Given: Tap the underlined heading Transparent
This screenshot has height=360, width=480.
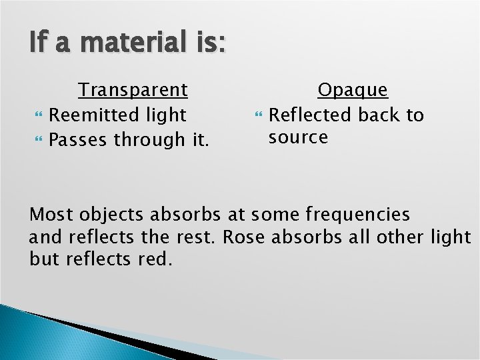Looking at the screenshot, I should pyautogui.click(x=133, y=89).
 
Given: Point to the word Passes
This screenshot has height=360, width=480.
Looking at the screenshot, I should pyautogui.click(x=79, y=139).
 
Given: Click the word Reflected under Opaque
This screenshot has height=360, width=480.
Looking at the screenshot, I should pyautogui.click(x=311, y=115).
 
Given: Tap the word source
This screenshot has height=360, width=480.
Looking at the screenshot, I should pyautogui.click(x=298, y=137).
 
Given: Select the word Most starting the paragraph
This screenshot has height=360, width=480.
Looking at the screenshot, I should pyautogui.click(x=52, y=215).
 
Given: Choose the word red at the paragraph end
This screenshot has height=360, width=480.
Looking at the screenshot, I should pyautogui.click(x=155, y=259).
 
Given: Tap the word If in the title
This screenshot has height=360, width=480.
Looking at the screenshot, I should pyautogui.click(x=39, y=44).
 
